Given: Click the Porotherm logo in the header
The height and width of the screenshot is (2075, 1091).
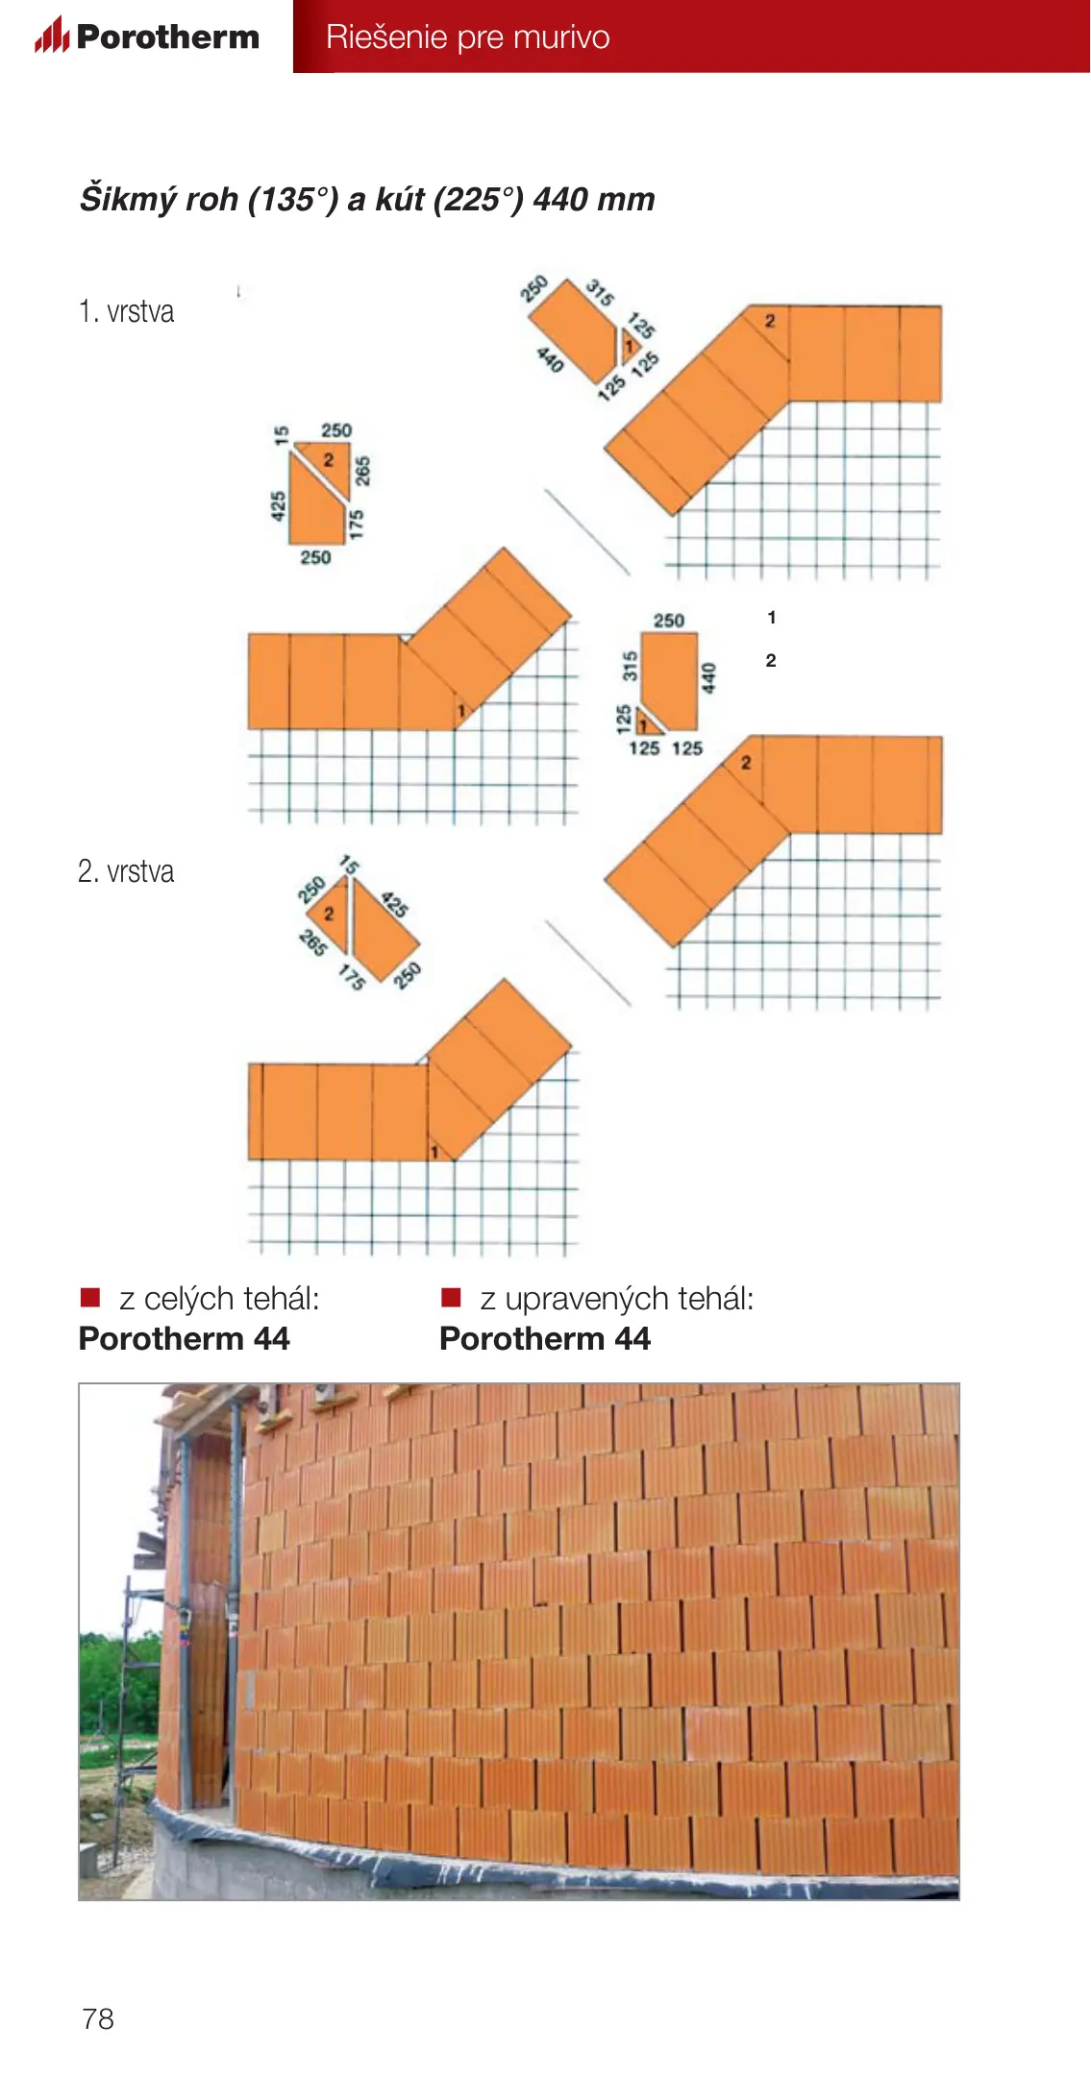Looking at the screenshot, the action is tap(147, 36).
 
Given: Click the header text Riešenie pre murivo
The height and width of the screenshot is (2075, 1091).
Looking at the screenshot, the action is tap(468, 37).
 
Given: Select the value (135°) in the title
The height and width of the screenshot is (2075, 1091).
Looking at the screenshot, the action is tap(293, 199).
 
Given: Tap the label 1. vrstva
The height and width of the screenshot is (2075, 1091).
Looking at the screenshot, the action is tap(126, 311).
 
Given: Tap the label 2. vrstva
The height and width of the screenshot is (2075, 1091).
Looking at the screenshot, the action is tap(126, 871).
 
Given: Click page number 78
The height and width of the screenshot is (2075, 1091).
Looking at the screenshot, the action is tap(98, 2018).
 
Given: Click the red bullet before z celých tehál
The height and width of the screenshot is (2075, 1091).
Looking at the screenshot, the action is tap(90, 1298).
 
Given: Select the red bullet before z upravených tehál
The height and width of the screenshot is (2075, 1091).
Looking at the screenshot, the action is tap(451, 1298).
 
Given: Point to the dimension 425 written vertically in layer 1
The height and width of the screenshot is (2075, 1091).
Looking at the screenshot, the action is tap(278, 506).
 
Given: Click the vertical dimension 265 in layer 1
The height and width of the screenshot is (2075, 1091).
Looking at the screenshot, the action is tap(362, 471).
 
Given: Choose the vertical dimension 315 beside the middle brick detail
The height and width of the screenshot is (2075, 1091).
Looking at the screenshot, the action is tap(630, 666).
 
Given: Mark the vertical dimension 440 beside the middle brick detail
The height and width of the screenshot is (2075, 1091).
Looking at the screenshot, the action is tap(708, 678).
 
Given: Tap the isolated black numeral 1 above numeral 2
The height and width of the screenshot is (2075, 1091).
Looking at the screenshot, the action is tap(771, 618).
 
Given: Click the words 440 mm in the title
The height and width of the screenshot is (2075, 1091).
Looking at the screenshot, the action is tap(594, 199).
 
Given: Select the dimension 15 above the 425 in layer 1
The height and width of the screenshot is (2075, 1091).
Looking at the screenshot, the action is tap(281, 435).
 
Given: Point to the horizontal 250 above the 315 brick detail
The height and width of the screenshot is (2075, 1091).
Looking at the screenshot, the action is tap(669, 621).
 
